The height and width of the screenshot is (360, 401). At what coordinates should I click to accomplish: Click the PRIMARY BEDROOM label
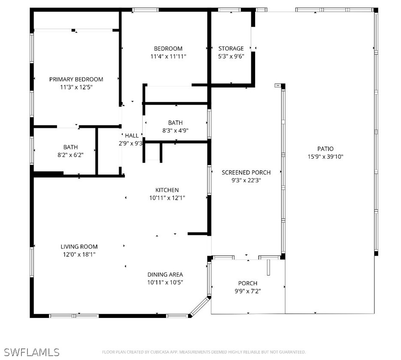[76, 79]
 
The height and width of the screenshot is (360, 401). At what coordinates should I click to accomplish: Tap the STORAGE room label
[231, 48]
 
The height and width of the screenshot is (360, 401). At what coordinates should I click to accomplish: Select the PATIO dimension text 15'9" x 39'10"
[325, 157]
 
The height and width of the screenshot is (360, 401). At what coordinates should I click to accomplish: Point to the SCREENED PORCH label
[246, 172]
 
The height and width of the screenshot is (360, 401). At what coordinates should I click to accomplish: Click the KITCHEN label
[167, 190]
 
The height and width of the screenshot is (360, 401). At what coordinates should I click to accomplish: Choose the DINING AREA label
[165, 275]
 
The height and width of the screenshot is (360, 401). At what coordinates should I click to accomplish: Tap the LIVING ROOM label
[79, 247]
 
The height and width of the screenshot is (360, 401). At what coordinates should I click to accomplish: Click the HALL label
[132, 136]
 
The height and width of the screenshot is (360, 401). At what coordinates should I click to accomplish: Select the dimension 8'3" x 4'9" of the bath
[175, 130]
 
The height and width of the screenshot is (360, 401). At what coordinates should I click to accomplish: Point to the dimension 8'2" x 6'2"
[71, 155]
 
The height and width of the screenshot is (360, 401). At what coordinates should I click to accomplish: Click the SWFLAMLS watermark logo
[32, 352]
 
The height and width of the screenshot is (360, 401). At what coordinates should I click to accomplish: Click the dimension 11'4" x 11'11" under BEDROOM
[168, 56]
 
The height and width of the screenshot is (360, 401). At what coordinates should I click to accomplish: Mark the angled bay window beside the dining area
[200, 306]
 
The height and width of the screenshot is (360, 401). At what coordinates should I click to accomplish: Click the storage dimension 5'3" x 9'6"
[231, 56]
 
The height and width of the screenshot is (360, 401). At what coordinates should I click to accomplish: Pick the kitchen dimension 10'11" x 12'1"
[167, 197]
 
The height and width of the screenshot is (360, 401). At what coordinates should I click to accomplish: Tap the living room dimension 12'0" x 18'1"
[79, 254]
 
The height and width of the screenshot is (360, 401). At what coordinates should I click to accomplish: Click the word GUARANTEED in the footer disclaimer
[292, 352]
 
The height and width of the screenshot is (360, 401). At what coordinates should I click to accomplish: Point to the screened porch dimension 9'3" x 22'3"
[246, 180]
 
